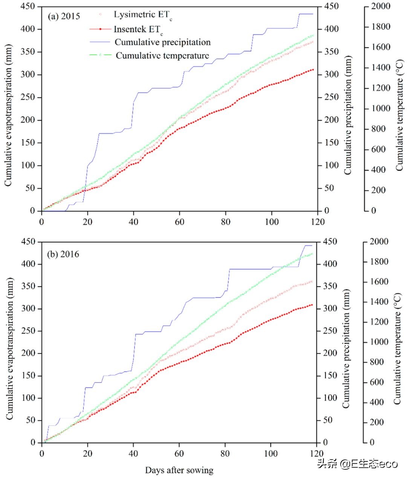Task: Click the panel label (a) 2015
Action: click(64, 16)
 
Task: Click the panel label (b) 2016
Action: click(63, 254)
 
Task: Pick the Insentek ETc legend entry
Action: click(138, 29)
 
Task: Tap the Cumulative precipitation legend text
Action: click(162, 42)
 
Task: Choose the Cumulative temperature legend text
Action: click(162, 55)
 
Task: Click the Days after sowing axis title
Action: click(179, 470)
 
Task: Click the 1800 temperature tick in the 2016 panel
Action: click(379, 261)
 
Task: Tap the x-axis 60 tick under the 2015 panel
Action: click(180, 221)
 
